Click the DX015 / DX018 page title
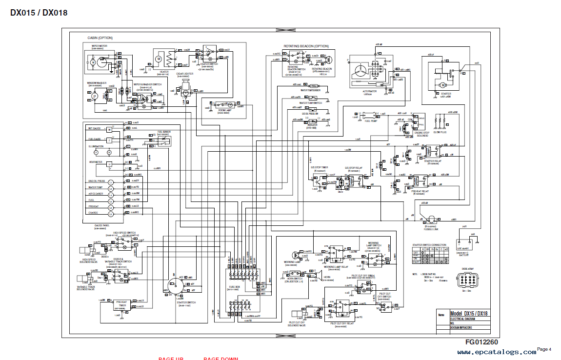pyautogui.click(x=39, y=13)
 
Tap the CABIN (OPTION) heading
pyautogui.click(x=100, y=38)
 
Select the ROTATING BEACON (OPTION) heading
pyautogui.click(x=306, y=46)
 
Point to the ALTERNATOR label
pyautogui.click(x=369, y=91)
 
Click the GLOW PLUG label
pyautogui.click(x=441, y=132)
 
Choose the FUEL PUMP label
pyautogui.click(x=371, y=121)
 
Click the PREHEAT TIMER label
pyautogui.click(x=121, y=304)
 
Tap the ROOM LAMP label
pyautogui.click(x=224, y=110)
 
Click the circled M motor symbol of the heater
pyautogui.click(x=158, y=59)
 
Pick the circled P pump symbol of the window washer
pyautogui.click(x=95, y=97)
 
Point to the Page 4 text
pyautogui.click(x=544, y=349)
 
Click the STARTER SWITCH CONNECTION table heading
pyautogui.click(x=429, y=245)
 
